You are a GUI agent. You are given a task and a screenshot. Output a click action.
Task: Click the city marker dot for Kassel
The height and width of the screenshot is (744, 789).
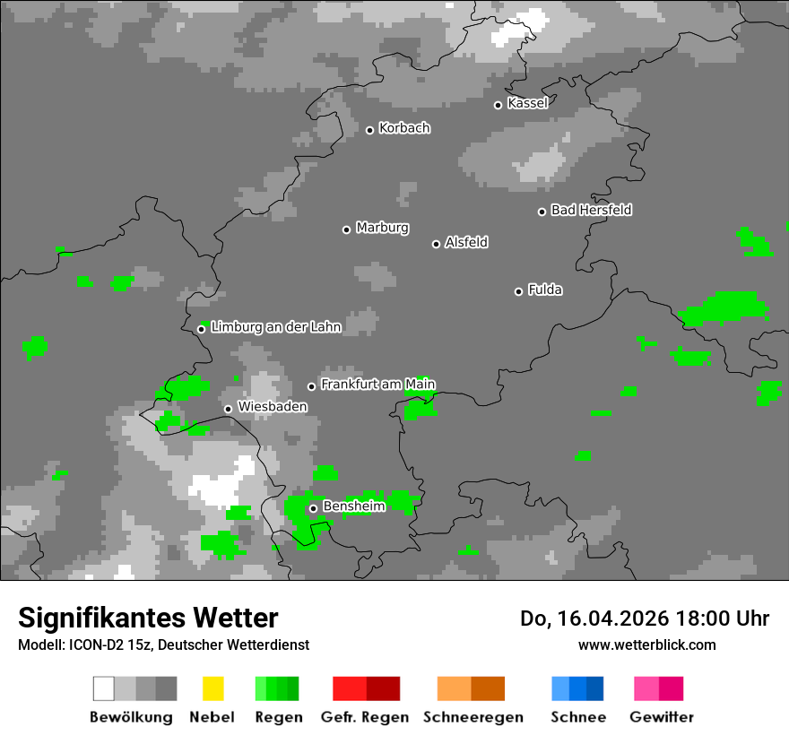click(x=499, y=105)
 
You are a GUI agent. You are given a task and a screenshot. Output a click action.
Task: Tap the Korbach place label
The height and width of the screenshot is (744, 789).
click(x=404, y=128)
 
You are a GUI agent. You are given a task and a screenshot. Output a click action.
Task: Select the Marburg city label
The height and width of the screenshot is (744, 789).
click(x=382, y=228)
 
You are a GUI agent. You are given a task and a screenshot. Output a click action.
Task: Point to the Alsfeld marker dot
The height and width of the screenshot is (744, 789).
click(x=437, y=244)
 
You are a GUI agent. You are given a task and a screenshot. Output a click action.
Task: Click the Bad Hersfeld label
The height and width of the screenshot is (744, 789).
click(x=591, y=210)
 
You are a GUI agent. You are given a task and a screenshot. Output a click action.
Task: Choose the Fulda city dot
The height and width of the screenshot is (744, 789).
click(x=519, y=291)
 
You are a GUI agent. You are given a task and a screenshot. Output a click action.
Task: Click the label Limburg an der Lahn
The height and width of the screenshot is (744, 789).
click(x=276, y=327)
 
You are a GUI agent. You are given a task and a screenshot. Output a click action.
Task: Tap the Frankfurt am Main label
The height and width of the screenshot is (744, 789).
click(x=377, y=385)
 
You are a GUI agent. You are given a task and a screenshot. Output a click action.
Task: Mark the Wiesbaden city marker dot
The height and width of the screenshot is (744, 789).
click(x=229, y=409)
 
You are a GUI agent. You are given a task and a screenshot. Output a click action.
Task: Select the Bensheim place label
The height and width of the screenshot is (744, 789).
click(x=353, y=506)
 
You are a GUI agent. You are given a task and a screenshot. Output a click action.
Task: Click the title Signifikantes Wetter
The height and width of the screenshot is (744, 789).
click(x=148, y=619)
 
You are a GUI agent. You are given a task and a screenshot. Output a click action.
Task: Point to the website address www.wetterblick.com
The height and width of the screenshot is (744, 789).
click(x=646, y=645)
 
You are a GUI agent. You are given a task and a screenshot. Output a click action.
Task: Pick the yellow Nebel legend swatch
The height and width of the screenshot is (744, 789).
click(x=212, y=688)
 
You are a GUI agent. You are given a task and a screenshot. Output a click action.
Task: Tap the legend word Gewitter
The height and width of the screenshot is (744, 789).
click(x=661, y=717)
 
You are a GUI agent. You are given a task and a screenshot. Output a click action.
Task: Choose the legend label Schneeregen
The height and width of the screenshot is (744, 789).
click(x=473, y=717)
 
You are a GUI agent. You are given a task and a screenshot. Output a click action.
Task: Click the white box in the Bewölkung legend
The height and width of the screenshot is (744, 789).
click(x=104, y=688)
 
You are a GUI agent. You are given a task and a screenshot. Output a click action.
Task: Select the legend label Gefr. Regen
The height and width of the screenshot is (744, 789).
click(x=365, y=717)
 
